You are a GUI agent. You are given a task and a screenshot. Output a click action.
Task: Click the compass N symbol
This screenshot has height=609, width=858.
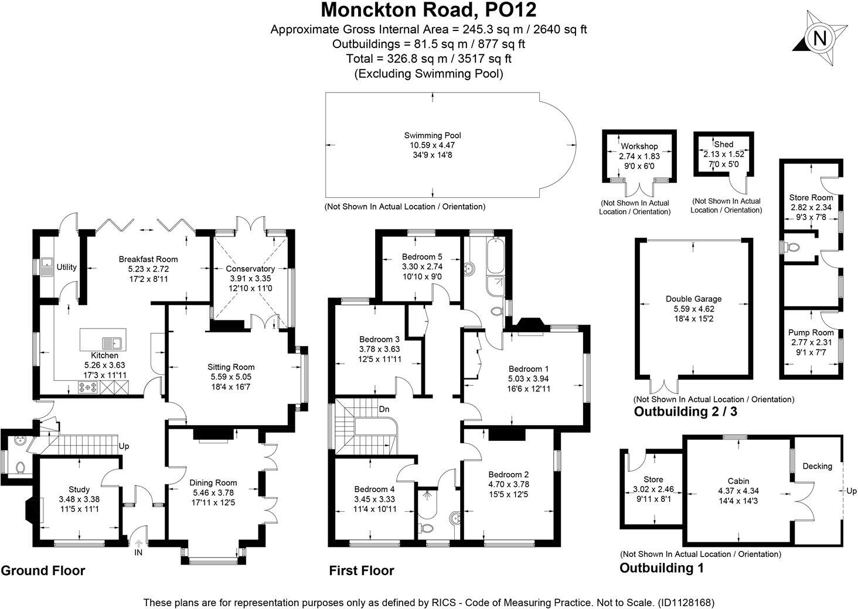820,39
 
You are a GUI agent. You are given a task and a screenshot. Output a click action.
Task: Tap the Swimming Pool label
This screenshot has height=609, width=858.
433,136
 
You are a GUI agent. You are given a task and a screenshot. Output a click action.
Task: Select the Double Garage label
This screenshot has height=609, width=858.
693,299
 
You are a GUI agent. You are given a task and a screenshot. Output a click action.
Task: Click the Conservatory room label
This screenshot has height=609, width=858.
250,269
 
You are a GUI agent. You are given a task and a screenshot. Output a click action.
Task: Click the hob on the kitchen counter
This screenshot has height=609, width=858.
88,386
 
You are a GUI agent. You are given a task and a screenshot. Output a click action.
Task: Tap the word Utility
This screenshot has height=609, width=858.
66,267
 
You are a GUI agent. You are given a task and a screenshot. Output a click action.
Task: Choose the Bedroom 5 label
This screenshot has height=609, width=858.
422,256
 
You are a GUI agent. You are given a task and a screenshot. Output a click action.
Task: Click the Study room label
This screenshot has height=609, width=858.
79,490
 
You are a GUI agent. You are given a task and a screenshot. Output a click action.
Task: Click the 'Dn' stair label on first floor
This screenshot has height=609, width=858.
384,408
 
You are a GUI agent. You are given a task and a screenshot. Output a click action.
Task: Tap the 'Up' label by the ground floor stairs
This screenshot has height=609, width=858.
124,446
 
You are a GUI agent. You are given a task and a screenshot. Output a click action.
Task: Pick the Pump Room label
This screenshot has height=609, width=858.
811,333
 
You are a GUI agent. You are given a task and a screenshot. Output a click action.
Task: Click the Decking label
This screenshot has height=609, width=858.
817,466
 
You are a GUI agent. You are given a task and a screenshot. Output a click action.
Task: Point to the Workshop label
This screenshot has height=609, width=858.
639,146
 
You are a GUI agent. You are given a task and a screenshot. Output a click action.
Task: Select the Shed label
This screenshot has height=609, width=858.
724,144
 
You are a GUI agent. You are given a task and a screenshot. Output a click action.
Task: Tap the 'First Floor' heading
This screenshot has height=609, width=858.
361,570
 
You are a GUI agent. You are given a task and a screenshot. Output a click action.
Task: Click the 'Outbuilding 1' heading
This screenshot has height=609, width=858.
661,567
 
